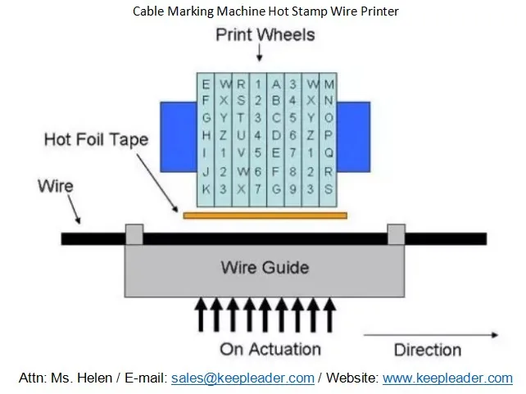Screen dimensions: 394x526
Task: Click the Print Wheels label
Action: [x=265, y=35]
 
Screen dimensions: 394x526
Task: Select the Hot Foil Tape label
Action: [x=96, y=139]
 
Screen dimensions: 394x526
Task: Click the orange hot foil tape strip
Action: [x=265, y=215]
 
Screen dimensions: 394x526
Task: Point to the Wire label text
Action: [x=55, y=186]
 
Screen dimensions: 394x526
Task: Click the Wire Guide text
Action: [x=265, y=268]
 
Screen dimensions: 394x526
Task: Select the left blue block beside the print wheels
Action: [x=177, y=139]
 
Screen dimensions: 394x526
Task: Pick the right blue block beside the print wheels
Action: [x=353, y=139]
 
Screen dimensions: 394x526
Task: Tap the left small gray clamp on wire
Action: [x=133, y=234]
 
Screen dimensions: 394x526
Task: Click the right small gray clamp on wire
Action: [x=396, y=234]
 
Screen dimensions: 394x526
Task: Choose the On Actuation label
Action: [x=270, y=349]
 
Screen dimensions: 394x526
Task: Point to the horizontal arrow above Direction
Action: [x=430, y=334]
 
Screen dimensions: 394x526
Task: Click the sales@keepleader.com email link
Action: [x=243, y=378]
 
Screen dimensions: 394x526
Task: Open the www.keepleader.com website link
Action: [x=447, y=378]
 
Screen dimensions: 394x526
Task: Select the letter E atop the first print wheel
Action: [x=206, y=84]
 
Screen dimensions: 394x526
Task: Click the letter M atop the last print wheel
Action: [x=329, y=84]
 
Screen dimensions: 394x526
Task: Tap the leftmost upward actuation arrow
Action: [x=199, y=316]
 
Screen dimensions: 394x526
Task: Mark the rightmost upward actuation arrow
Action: [x=330, y=316]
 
